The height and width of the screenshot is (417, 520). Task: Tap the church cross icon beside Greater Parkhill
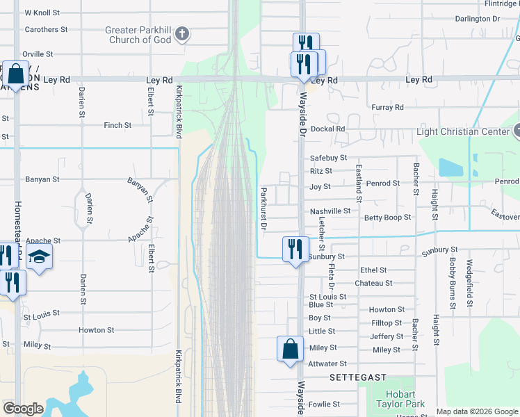point(181,33)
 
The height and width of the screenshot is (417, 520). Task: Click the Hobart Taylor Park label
point(400,398)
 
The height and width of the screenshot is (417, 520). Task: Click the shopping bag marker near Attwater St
point(290,349)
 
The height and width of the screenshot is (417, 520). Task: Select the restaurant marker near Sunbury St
point(295,249)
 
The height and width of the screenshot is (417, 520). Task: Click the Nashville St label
point(330,211)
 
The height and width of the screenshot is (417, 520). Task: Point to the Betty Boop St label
point(387,218)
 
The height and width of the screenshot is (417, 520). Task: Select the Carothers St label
point(46,30)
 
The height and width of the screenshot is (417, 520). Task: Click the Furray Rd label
point(387,108)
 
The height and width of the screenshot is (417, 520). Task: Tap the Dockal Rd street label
point(328,129)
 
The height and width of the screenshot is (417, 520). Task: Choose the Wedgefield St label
point(470,275)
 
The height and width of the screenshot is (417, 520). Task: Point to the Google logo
point(23,409)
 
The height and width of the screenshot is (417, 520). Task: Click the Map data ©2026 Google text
point(477,411)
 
